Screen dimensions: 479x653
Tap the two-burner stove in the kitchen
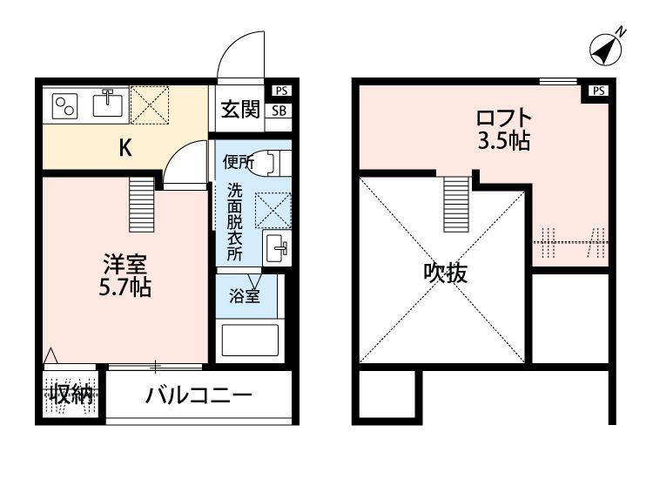[65, 106]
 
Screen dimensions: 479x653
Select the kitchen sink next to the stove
[109, 104]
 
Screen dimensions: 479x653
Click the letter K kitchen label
[125, 148]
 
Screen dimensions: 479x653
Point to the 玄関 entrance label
[239, 110]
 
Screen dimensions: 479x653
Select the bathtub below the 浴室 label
[249, 341]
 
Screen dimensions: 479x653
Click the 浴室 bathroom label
[245, 296]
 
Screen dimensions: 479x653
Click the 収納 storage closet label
[71, 394]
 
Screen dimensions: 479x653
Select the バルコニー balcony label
[199, 395]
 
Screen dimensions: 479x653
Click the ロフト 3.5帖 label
[502, 128]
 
